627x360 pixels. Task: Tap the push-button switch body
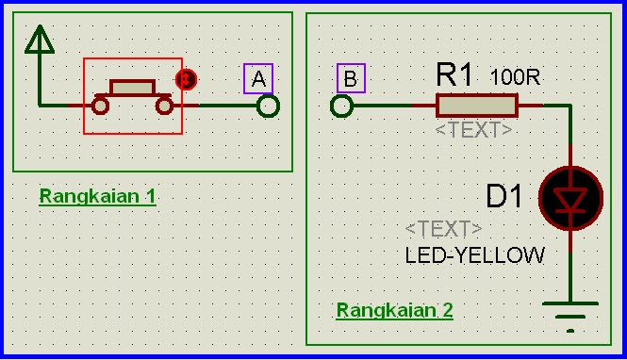[x=132, y=88]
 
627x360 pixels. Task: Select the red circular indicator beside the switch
[x=186, y=80]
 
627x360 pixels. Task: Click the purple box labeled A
[x=258, y=78]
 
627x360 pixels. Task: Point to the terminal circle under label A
[x=269, y=106]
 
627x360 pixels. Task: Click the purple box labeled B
[x=350, y=79]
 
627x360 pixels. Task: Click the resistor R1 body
[x=476, y=105]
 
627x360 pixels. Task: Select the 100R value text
[x=515, y=76]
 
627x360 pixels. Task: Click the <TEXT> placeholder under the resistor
[x=473, y=130]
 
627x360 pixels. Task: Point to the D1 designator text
[x=504, y=197]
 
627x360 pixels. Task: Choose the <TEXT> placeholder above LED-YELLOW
[x=443, y=229]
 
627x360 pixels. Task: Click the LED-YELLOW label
[x=475, y=255]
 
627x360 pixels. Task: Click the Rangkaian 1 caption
[x=97, y=197]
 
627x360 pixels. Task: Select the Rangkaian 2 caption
[x=395, y=310]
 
